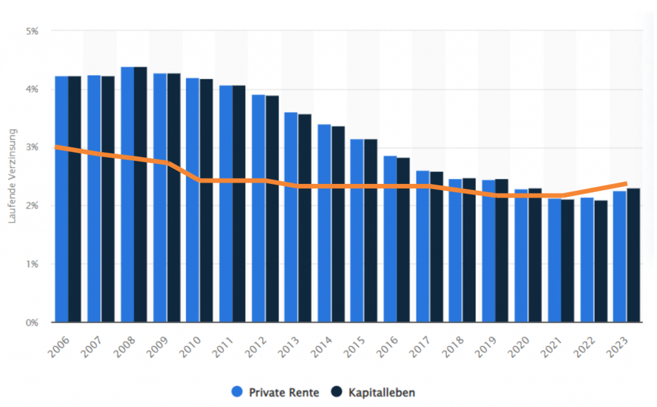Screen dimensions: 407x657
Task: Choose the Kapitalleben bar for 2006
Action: (x=75, y=199)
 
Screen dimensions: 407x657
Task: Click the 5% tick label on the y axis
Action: (x=32, y=31)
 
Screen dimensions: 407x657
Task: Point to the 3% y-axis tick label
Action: (x=32, y=147)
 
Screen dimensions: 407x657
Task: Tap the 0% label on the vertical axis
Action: (x=32, y=322)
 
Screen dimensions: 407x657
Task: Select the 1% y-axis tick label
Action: (x=32, y=264)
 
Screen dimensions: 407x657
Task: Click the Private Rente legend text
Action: (x=284, y=392)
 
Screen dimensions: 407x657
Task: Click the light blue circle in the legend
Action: (x=236, y=392)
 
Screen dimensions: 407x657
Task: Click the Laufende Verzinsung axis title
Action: (x=12, y=176)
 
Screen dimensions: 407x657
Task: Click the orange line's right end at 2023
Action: (x=625, y=184)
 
